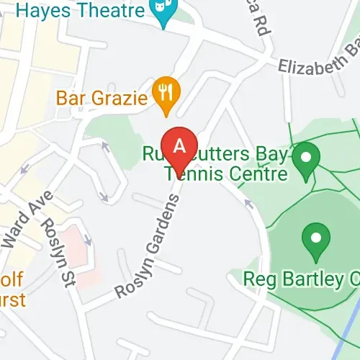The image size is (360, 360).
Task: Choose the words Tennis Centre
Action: click(226, 174)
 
